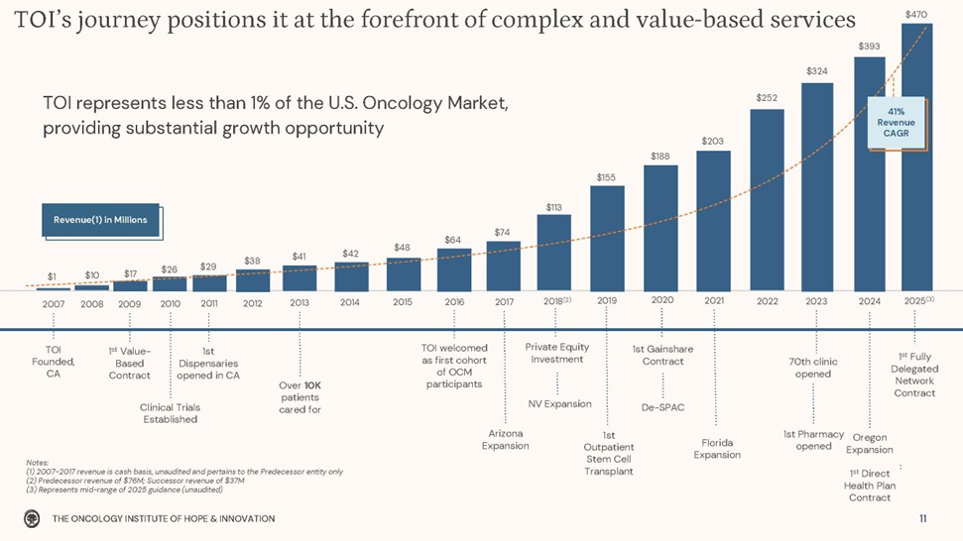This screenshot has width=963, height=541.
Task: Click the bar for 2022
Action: click(767, 198)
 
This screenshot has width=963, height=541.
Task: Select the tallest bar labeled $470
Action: click(916, 159)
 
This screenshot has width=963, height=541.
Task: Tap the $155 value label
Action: click(606, 177)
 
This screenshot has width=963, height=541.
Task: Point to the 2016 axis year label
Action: click(454, 301)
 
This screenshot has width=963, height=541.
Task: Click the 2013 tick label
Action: click(301, 301)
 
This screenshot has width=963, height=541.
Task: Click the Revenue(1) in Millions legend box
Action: click(100, 220)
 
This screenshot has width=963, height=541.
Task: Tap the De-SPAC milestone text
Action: click(663, 407)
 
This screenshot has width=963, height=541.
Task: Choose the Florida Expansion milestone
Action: click(717, 449)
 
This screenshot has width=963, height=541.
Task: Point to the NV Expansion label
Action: click(559, 403)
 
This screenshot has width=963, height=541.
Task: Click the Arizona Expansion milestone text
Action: click(505, 440)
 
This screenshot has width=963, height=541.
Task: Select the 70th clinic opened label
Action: click(813, 368)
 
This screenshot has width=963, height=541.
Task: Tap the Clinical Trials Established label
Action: click(171, 413)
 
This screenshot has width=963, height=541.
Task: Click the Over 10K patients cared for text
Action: click(300, 397)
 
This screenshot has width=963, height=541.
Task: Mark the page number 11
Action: click(922, 518)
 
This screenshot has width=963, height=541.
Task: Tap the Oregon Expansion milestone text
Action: click(870, 444)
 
